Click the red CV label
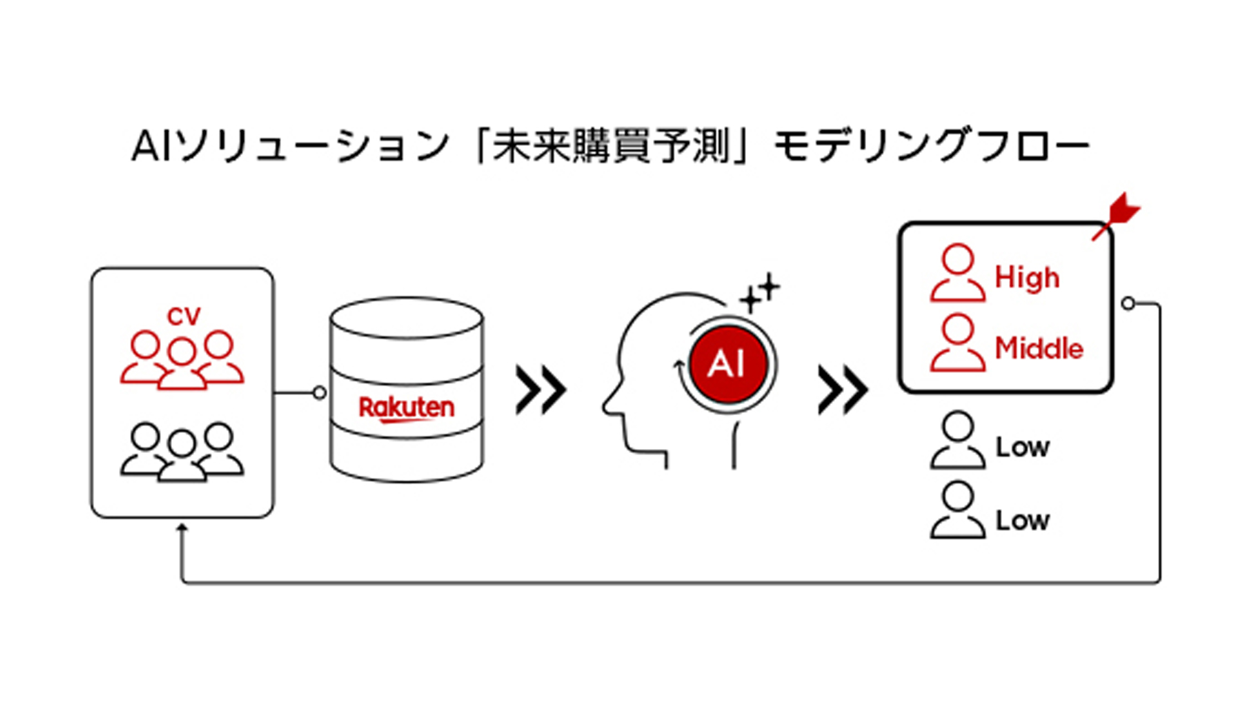pos(184,317)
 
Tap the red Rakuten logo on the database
pos(407,408)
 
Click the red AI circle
pos(728,363)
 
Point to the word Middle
pos(1039,348)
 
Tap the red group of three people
pos(182,360)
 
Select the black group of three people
pos(182,452)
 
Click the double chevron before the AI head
pos(541,390)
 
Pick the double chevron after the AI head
pos(843,390)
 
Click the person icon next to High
pos(958,273)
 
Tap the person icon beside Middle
pos(958,343)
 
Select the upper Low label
pos(1022,448)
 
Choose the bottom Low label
pos(1022,521)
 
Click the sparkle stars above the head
pos(760,293)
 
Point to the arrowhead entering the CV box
pos(182,527)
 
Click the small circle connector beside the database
pos(320,393)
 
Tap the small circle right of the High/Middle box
pos(1128,303)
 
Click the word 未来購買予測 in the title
pos(611,145)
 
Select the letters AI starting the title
pos(153,146)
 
